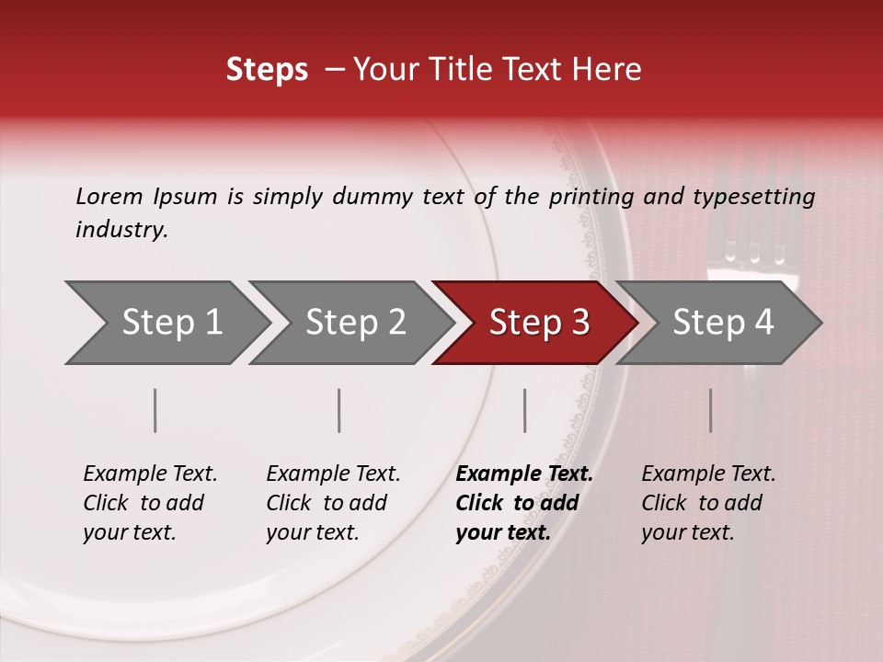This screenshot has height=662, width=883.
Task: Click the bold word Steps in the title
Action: click(x=267, y=70)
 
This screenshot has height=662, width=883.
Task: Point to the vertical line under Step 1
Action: click(x=155, y=410)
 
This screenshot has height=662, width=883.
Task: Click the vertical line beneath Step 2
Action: click(x=339, y=410)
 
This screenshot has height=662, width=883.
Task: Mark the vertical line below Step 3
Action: click(x=525, y=410)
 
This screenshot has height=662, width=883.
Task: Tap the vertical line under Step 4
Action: click(x=711, y=410)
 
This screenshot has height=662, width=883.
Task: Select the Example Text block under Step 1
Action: click(x=150, y=503)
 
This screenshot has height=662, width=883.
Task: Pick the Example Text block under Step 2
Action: click(x=333, y=503)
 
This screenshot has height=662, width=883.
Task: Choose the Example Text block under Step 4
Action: click(x=708, y=503)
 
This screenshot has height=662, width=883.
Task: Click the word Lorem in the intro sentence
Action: click(x=109, y=196)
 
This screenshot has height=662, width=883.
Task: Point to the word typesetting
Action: click(x=753, y=197)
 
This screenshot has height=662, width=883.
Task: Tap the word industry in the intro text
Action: click(x=121, y=230)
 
